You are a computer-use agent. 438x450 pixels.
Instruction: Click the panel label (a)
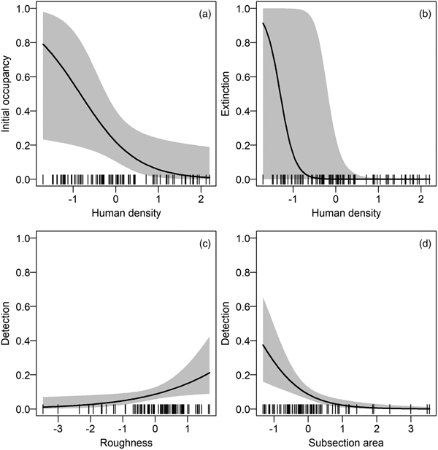click(199, 13)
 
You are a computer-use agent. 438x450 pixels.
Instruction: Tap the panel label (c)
click(199, 243)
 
